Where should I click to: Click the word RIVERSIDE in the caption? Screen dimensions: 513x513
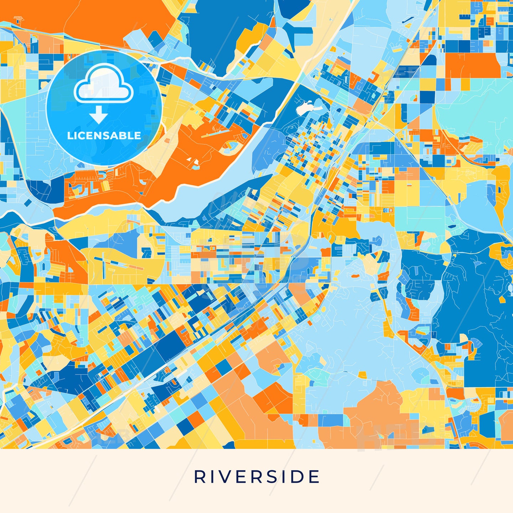click(x=256, y=477)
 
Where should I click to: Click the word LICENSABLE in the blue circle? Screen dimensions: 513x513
click(x=104, y=136)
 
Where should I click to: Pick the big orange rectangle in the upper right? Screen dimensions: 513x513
click(x=472, y=65)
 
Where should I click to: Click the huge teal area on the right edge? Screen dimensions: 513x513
click(x=474, y=114)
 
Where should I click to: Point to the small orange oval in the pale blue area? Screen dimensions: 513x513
click(x=356, y=276)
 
